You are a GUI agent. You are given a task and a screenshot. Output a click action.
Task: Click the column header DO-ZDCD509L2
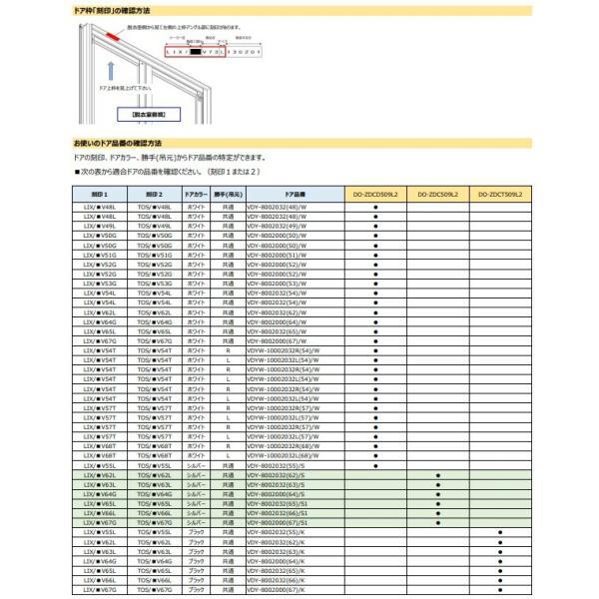click(x=375, y=194)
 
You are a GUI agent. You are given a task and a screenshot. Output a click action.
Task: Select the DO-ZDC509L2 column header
click(x=437, y=194)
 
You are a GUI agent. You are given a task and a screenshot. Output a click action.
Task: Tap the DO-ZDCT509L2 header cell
click(x=499, y=194)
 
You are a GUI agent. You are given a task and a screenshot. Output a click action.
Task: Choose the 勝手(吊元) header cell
click(x=231, y=194)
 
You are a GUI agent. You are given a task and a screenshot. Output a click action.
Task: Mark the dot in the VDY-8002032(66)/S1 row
click(x=437, y=513)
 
